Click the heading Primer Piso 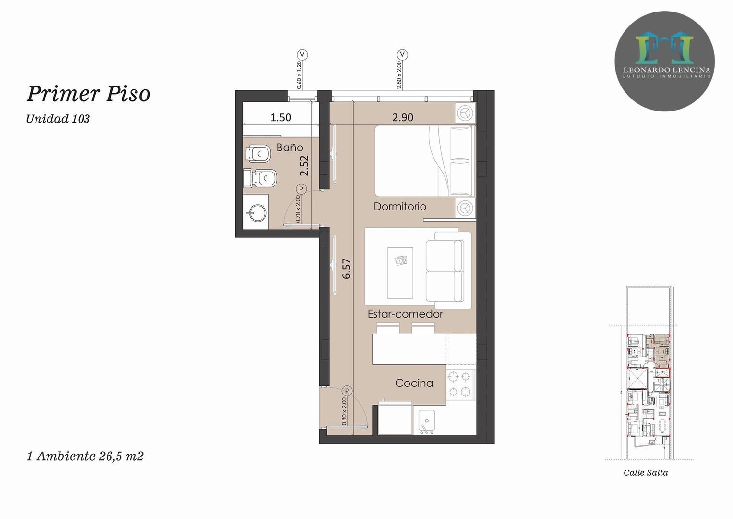pyautogui.click(x=88, y=94)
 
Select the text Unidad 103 pyautogui.click(x=58, y=119)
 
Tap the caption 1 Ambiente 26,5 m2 pyautogui.click(x=85, y=456)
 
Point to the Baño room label pyautogui.click(x=290, y=148)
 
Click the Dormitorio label pyautogui.click(x=400, y=207)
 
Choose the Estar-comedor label pyautogui.click(x=405, y=314)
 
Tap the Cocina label pyautogui.click(x=414, y=383)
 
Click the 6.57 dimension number pyautogui.click(x=347, y=269)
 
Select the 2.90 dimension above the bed pyautogui.click(x=402, y=117)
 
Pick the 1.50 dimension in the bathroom pyautogui.click(x=281, y=117)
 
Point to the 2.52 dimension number pyautogui.click(x=304, y=165)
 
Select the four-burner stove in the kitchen pyautogui.click(x=460, y=384)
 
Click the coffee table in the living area pyautogui.click(x=400, y=273)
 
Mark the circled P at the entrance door pyautogui.click(x=347, y=391)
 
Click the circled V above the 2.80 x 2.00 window pyautogui.click(x=402, y=54)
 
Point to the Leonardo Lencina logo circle pyautogui.click(x=664, y=61)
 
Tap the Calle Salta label pyautogui.click(x=646, y=472)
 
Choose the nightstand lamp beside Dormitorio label pyautogui.click(x=465, y=208)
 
